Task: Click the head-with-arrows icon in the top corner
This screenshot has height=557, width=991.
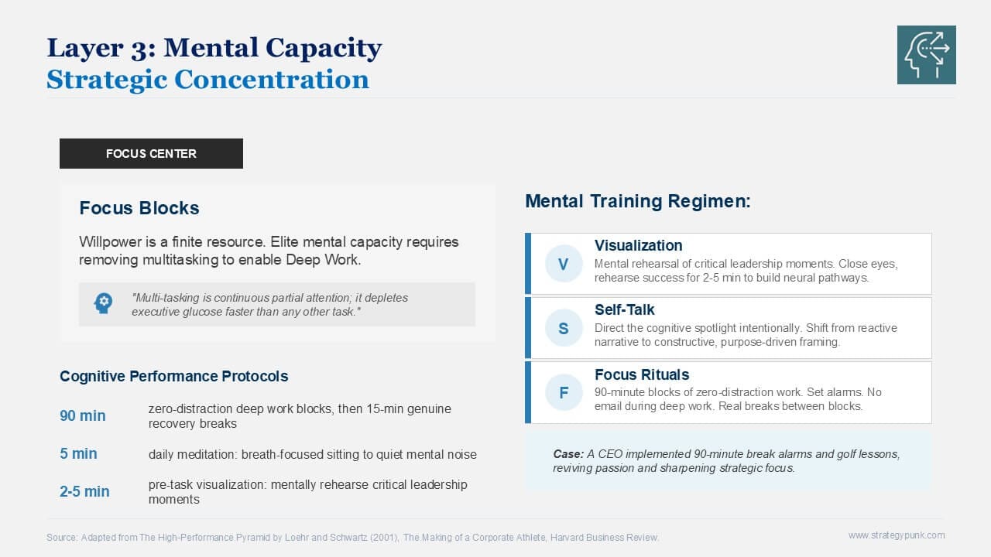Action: coord(927,55)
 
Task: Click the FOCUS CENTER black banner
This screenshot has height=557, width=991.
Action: coord(151,153)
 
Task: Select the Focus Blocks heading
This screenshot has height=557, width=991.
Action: coord(139,208)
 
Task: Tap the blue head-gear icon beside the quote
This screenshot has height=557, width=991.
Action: coord(103,304)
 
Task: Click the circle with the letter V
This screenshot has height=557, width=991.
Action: coord(563,264)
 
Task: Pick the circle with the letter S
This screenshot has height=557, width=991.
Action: coord(563,328)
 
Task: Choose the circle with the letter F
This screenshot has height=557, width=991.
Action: coord(563,392)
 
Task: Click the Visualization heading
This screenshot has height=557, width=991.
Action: coord(638,245)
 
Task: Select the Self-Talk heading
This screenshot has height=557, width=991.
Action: coord(624,309)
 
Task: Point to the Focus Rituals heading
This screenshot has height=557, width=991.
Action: coord(642,374)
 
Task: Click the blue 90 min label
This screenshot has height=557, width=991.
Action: coord(83,415)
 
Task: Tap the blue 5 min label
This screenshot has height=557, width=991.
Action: coord(78,453)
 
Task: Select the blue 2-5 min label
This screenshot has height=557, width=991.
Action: coord(84,491)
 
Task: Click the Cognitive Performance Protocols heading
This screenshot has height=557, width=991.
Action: coord(174,376)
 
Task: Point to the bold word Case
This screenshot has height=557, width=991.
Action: coord(568,454)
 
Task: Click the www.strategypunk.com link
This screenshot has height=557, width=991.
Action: coord(897,535)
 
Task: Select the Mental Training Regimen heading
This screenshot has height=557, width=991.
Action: coord(637,201)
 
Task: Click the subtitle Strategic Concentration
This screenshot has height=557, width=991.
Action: coord(207,80)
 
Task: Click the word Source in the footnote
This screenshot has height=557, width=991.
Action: coord(62,538)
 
